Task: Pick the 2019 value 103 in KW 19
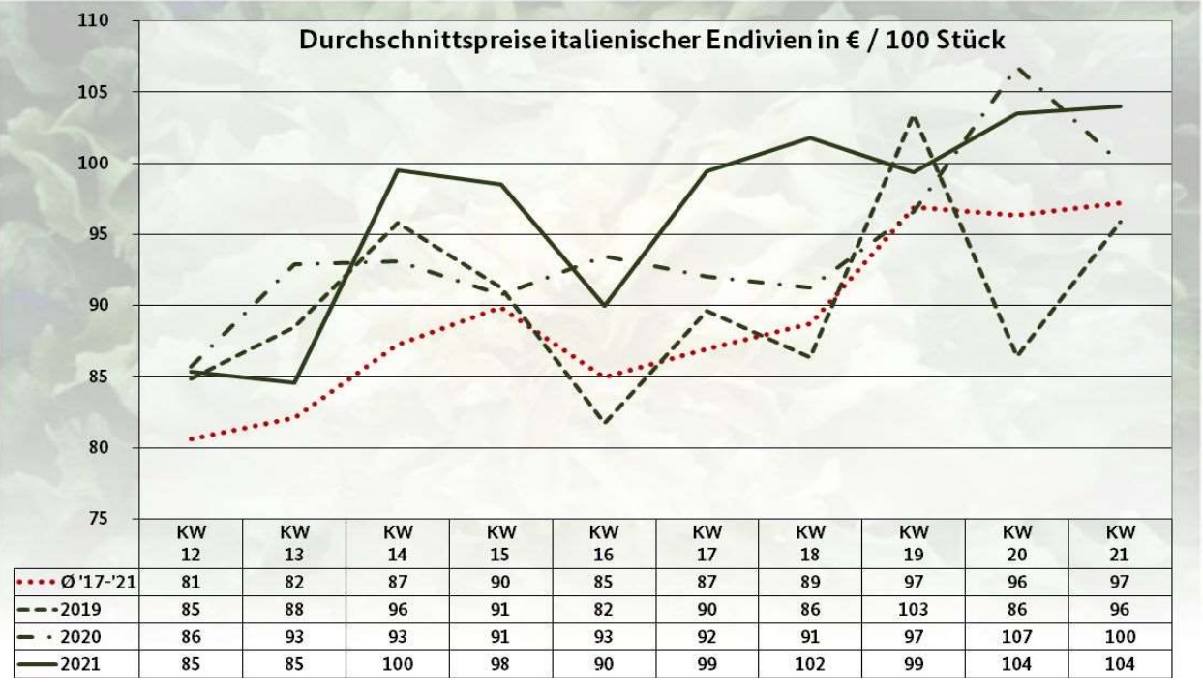point(915,610)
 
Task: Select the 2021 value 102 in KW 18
point(811,665)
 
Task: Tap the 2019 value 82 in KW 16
point(605,610)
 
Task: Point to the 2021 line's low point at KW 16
point(605,305)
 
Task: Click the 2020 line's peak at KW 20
point(1017,68)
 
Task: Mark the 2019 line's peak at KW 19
point(915,115)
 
